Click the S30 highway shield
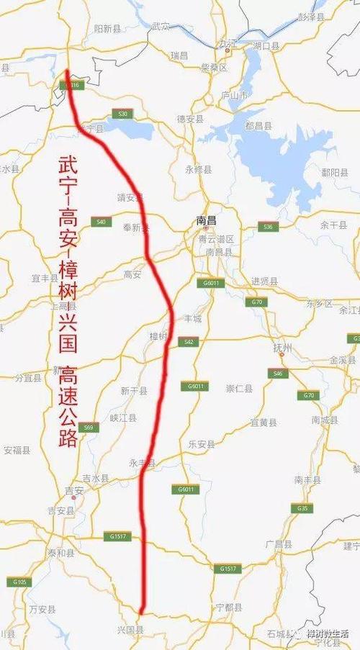point(123,114)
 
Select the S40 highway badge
point(101,222)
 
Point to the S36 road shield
point(268,227)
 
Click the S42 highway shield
point(189,342)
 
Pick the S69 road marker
point(89,428)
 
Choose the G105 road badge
point(19,581)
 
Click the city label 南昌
point(206,222)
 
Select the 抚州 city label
point(283,348)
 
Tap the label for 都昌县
point(258,126)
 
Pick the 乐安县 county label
point(201,445)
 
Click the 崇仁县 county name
point(239,389)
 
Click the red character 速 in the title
point(69,397)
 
